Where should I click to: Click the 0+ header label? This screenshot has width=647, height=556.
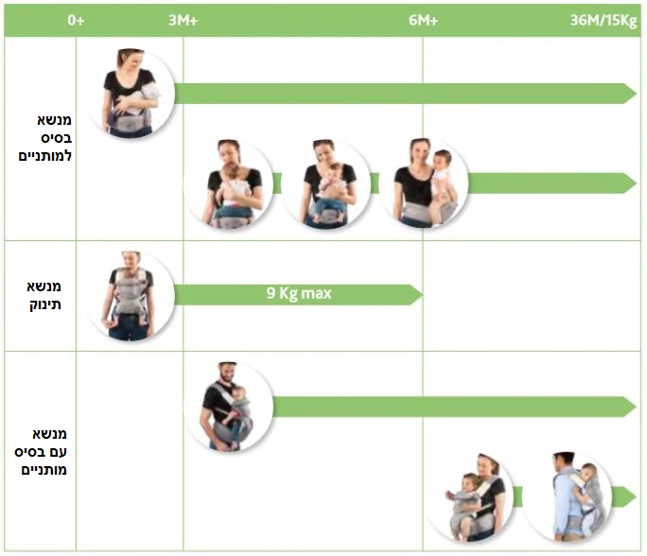[76, 20]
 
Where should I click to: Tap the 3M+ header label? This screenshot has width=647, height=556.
[184, 20]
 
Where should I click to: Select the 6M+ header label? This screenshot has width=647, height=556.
[424, 20]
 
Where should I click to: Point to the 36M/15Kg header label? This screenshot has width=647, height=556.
[603, 20]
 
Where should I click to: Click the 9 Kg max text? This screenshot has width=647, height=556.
[299, 293]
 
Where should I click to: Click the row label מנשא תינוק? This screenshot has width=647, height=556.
[44, 295]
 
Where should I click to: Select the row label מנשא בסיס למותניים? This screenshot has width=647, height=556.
[45, 138]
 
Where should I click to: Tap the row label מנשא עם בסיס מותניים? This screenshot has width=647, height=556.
[41, 452]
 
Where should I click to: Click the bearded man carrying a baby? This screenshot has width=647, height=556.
[228, 406]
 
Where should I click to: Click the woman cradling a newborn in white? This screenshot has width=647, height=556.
[131, 94]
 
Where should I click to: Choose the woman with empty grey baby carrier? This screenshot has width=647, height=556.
[130, 296]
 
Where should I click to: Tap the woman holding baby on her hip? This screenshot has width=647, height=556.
[424, 183]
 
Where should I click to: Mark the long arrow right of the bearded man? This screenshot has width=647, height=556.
[454, 408]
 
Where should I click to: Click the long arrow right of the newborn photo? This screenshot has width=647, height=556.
[406, 94]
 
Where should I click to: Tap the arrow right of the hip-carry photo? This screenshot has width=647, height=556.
[552, 183]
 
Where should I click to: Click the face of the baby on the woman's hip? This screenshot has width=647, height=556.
[443, 159]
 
